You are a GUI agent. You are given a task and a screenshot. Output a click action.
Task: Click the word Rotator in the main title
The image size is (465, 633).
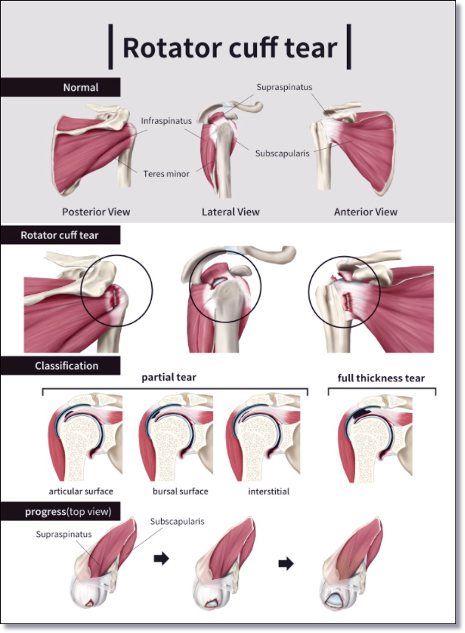173,48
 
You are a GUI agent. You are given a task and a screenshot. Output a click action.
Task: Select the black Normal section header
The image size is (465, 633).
61,87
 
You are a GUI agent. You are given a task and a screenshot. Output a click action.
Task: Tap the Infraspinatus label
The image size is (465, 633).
166,121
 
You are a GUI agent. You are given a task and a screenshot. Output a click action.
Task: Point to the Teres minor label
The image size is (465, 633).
166,174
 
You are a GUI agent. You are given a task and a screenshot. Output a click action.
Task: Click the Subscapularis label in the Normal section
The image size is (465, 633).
283,153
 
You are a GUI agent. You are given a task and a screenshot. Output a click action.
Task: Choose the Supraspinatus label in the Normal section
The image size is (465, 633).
284,87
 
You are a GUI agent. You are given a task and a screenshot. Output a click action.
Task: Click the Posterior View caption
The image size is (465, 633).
96,212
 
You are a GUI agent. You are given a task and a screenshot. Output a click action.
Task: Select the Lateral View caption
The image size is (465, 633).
231,212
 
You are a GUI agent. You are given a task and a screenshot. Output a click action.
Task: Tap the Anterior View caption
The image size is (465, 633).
365,212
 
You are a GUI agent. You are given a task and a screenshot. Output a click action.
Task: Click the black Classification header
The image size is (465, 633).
61,366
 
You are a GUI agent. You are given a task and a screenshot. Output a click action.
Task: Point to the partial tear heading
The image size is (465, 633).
169,378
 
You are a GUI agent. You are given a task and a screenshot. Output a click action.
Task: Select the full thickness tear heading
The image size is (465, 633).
382,378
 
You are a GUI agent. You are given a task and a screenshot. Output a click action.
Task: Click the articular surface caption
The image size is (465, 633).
80,491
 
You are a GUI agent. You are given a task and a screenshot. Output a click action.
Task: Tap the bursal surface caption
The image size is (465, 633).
181,491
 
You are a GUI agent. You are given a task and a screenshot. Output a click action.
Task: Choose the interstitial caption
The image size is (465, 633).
269,491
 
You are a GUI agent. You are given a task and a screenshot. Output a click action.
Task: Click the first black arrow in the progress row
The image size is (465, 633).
161,559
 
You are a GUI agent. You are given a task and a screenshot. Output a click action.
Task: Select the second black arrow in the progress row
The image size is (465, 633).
286,564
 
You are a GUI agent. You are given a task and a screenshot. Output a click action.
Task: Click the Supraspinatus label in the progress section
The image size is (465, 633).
63,534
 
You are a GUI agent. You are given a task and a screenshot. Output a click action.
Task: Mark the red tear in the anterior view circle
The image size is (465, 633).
347,302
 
